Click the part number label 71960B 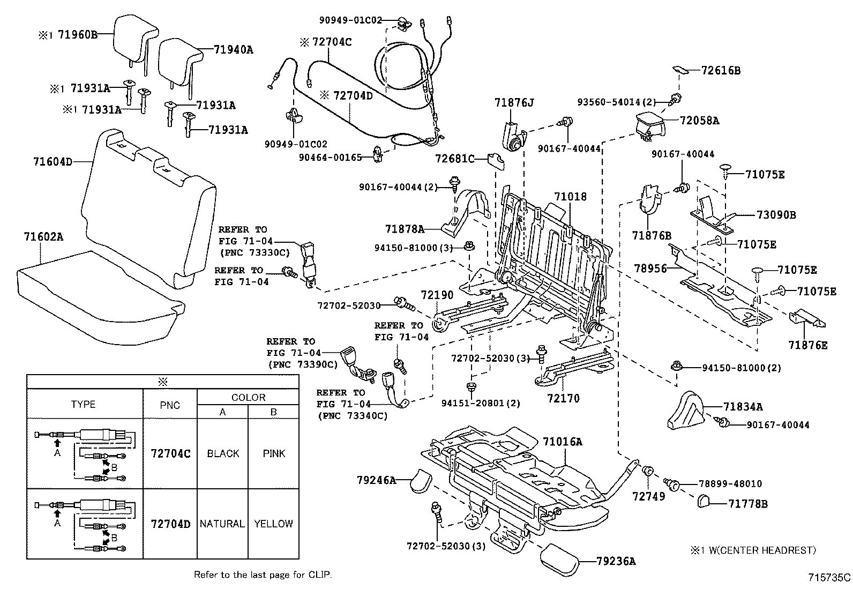click(78, 35)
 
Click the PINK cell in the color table click(274, 453)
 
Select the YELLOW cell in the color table click(274, 524)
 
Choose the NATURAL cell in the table click(222, 524)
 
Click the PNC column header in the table click(170, 405)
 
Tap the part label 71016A click(562, 442)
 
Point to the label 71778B click(748, 504)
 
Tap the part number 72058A click(700, 121)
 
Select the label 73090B click(776, 215)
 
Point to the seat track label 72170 click(564, 398)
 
